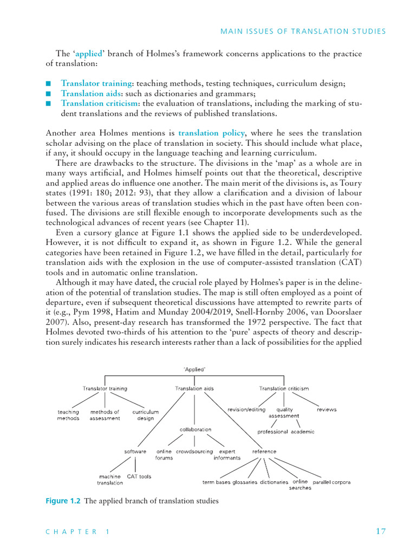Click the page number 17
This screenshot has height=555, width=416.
coord(380,532)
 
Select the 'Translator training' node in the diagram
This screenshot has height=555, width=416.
coord(105,388)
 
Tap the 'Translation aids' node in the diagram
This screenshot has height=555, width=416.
coord(194,388)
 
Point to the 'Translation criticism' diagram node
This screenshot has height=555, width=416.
coord(284,388)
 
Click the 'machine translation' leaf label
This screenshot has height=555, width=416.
coord(110,480)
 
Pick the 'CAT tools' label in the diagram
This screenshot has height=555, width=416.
coord(139,476)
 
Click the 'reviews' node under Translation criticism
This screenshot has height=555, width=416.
coord(327,410)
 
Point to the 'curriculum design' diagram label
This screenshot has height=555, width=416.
coord(146,415)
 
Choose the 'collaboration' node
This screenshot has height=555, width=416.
coord(196,429)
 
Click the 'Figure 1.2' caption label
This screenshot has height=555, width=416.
coord(62,501)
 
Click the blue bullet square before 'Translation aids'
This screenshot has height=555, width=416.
coord(48,94)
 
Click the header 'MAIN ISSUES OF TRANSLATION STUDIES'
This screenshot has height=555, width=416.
coord(303,31)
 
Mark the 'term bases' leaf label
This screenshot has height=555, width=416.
coord(216,482)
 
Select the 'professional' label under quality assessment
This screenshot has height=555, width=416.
coord(272,432)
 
